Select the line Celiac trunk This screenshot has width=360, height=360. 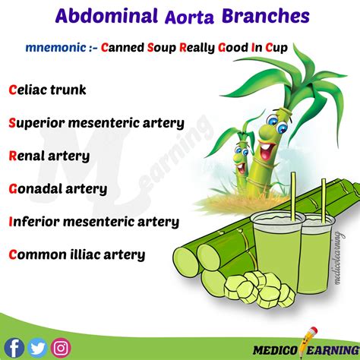47,90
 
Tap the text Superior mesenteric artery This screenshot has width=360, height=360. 96,122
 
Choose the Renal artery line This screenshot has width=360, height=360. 49,156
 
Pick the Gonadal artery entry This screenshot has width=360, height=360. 57,188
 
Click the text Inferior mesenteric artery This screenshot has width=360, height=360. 93,222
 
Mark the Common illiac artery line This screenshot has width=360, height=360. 76,255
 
